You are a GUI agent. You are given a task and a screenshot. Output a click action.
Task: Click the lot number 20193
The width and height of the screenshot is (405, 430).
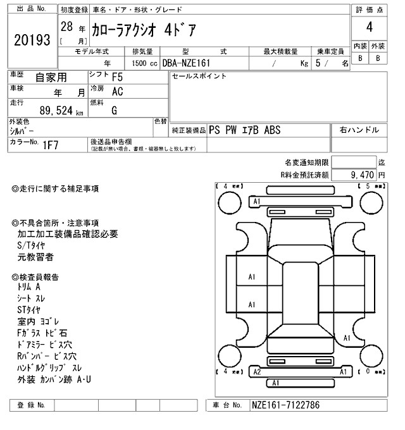coord(31,40)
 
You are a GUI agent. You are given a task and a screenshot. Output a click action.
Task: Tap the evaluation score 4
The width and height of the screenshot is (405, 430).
coord(368,27)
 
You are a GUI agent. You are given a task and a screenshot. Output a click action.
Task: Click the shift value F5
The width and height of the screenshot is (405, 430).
coord(118,78)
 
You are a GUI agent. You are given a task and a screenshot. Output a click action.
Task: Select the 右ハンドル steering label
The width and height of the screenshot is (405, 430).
coord(359,130)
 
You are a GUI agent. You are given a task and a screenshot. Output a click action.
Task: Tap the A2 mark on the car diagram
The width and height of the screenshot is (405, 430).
coord(257,372)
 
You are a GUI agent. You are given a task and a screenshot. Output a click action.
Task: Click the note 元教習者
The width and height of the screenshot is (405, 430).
coord(35,257)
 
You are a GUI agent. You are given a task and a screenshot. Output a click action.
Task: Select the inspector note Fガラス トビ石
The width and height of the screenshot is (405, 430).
coord(42,333)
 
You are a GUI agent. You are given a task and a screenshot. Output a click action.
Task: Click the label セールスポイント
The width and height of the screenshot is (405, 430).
coord(199,77)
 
